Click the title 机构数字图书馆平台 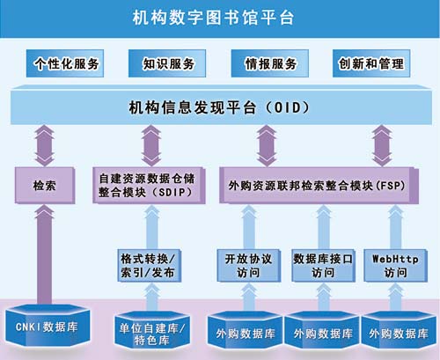click(x=213, y=18)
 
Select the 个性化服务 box click(x=65, y=63)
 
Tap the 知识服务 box click(x=167, y=63)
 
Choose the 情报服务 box click(x=269, y=63)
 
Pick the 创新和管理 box click(x=371, y=63)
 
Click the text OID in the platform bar click(x=287, y=107)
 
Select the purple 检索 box click(x=45, y=186)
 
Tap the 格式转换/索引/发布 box click(x=149, y=266)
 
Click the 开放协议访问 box click(x=249, y=266)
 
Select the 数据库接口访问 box click(x=323, y=266)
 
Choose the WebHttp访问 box click(x=395, y=266)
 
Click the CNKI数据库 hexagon click(x=47, y=326)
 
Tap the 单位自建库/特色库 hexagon click(x=152, y=331)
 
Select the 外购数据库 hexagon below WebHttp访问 click(x=399, y=332)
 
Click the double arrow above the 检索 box click(x=44, y=145)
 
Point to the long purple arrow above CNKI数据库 click(x=44, y=254)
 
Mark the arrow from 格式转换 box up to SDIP click(x=152, y=227)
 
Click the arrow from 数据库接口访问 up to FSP click(x=323, y=227)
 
